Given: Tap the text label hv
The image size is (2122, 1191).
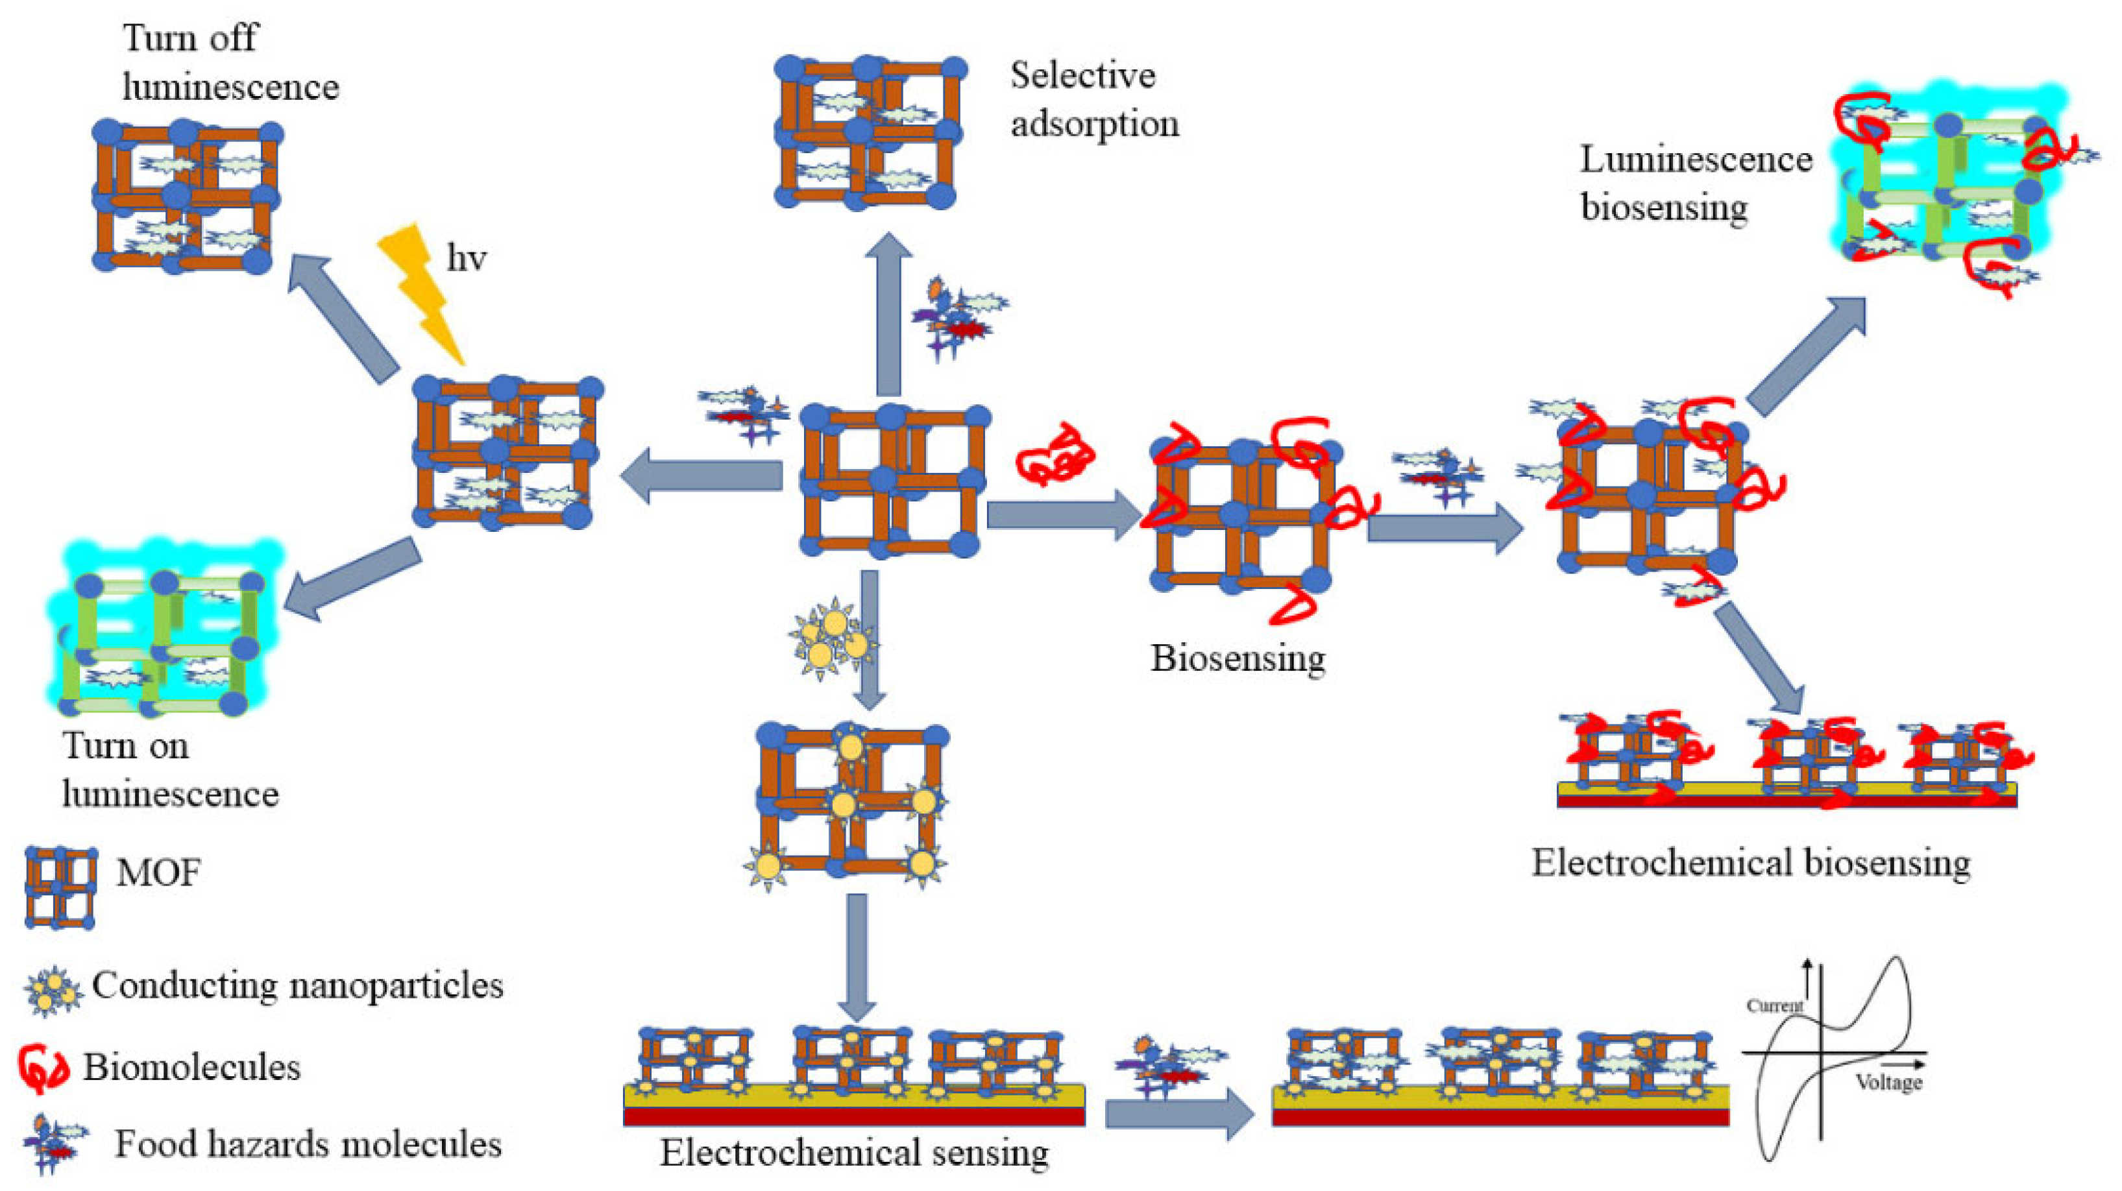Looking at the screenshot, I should point(466,259).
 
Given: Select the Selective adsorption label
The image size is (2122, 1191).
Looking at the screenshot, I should point(1093,100).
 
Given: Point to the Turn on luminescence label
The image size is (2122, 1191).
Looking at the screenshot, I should point(169,769).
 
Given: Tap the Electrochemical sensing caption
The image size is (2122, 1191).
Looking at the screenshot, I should point(853,1152).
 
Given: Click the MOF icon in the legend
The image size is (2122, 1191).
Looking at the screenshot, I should point(60,887).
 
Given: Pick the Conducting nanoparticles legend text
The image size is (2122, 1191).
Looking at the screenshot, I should point(297,985).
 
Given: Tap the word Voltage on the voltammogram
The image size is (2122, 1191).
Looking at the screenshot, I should point(1888,1082).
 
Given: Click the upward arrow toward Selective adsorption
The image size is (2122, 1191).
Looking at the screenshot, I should point(887,317).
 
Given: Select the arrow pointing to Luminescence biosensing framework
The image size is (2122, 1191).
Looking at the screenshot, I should point(1804,357).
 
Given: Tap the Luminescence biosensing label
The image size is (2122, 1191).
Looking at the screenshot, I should point(1695,183).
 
